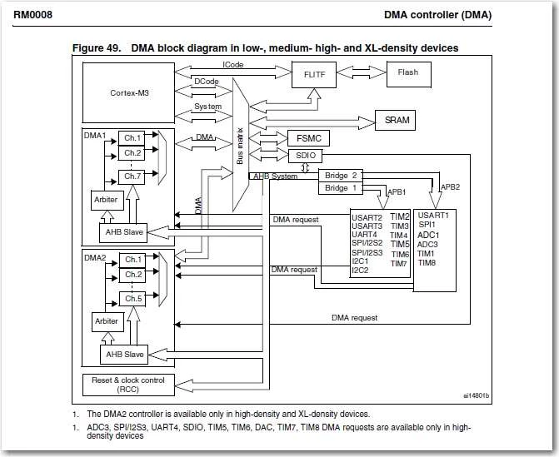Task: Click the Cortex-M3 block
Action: click(128, 92)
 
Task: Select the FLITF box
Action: click(314, 75)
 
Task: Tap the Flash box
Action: click(409, 74)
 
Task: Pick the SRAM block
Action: click(396, 120)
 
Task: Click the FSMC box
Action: click(308, 138)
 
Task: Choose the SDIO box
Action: click(306, 156)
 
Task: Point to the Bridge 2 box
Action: click(341, 176)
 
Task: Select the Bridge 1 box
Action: click(341, 188)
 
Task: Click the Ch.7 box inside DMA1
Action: click(132, 176)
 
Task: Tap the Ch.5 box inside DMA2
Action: click(132, 299)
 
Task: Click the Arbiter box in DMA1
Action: click(107, 200)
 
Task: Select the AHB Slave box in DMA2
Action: click(124, 355)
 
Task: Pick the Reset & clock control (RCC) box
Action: click(128, 385)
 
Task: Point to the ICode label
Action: click(232, 65)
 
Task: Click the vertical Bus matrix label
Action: click(240, 146)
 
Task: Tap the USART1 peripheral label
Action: click(433, 215)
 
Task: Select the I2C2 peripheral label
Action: click(360, 271)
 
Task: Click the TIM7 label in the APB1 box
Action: click(398, 264)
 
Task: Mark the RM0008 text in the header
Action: click(32, 15)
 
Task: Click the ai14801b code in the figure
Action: click(477, 395)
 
